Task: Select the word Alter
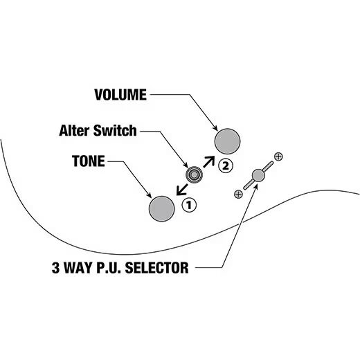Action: click(x=77, y=129)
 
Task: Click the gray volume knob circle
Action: click(x=227, y=141)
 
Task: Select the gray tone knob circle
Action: click(x=162, y=208)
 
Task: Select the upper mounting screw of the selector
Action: click(x=278, y=156)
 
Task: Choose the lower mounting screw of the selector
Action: click(x=238, y=195)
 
